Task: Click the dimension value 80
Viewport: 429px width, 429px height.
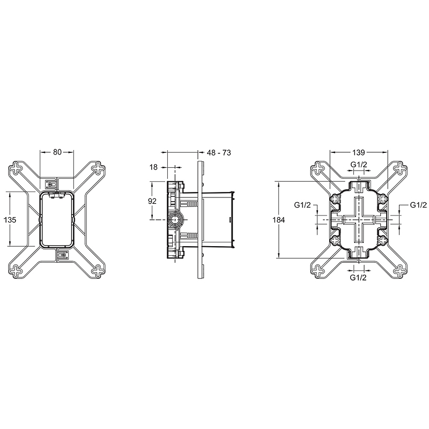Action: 57,152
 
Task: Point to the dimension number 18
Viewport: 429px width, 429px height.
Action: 153,167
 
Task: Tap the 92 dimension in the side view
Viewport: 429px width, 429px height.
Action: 152,201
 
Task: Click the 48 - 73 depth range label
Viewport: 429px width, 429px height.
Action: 218,153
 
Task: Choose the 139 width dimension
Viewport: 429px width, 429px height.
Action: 358,153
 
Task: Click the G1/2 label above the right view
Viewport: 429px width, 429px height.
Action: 358,164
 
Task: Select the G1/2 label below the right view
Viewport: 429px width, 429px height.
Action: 358,277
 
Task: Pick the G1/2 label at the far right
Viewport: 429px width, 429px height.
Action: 418,205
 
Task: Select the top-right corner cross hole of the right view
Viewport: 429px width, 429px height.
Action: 400,168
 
